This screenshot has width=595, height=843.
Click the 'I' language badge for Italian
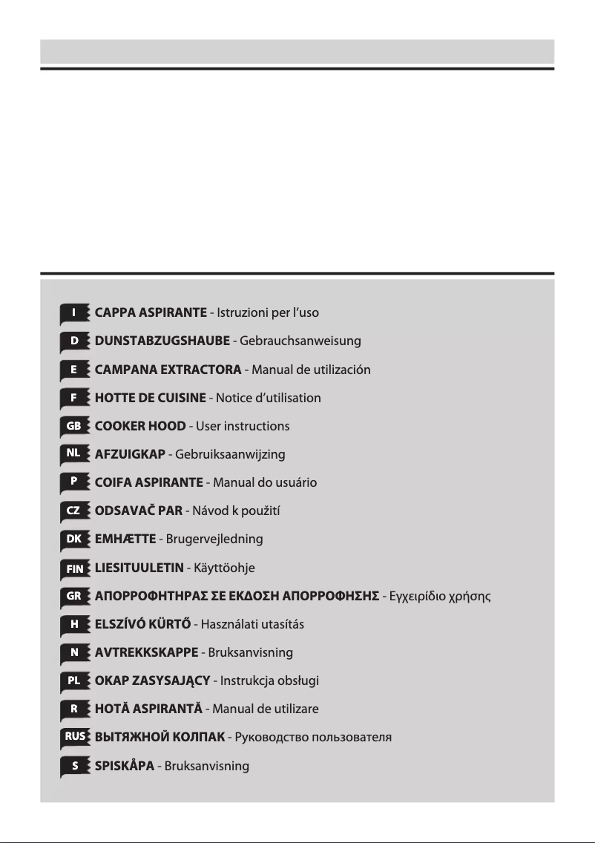[x=73, y=313]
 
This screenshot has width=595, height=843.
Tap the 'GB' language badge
[x=73, y=426]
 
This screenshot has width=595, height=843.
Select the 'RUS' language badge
[x=73, y=737]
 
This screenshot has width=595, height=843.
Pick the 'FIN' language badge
[x=73, y=568]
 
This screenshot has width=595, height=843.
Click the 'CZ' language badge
[x=73, y=511]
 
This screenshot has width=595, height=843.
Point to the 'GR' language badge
[x=73, y=596]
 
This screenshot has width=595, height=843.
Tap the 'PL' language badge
[x=73, y=680]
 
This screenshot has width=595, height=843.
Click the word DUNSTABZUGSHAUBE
[x=162, y=341]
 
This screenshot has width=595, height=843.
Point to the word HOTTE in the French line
[x=115, y=398]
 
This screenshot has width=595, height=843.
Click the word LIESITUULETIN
[x=139, y=568]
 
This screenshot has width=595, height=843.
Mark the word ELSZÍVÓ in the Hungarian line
[x=121, y=624]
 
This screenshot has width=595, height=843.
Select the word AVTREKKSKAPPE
[x=146, y=652]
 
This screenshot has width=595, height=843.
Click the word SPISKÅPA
[x=124, y=765]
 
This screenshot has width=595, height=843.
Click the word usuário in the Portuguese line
[x=295, y=482]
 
